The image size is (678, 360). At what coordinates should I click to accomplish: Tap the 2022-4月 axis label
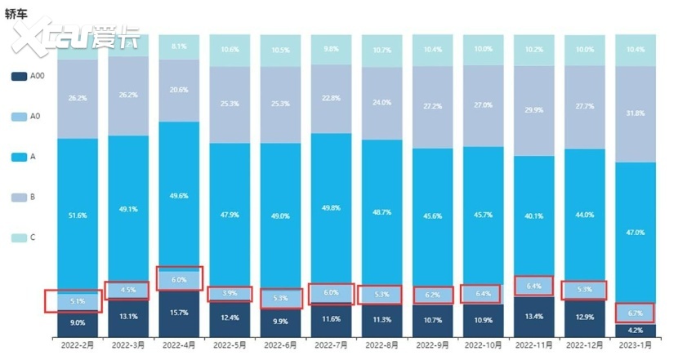click(x=179, y=346)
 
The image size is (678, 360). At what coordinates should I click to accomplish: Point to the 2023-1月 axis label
click(x=635, y=346)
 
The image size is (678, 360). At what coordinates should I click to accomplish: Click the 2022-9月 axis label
click(x=432, y=346)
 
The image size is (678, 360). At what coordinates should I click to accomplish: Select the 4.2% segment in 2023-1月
click(x=635, y=331)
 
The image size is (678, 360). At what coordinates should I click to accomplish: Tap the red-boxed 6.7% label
click(x=635, y=313)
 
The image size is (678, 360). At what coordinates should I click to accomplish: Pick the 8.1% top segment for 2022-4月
click(x=179, y=47)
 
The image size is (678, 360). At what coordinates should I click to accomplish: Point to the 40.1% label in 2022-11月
click(x=533, y=216)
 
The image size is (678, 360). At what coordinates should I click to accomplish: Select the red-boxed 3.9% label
click(x=230, y=294)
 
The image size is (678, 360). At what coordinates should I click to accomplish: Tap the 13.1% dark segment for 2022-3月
click(x=128, y=317)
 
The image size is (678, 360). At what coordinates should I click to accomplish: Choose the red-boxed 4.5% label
click(x=128, y=290)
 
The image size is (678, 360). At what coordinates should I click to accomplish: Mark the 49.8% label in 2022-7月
click(x=331, y=208)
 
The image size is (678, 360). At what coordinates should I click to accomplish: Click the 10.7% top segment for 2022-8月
click(x=381, y=49)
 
